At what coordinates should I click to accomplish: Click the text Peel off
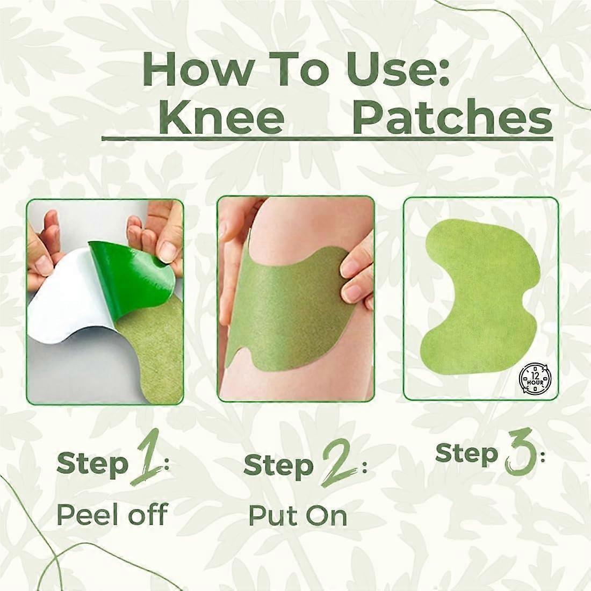(112, 515)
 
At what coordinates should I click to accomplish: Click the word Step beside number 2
(278, 465)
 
